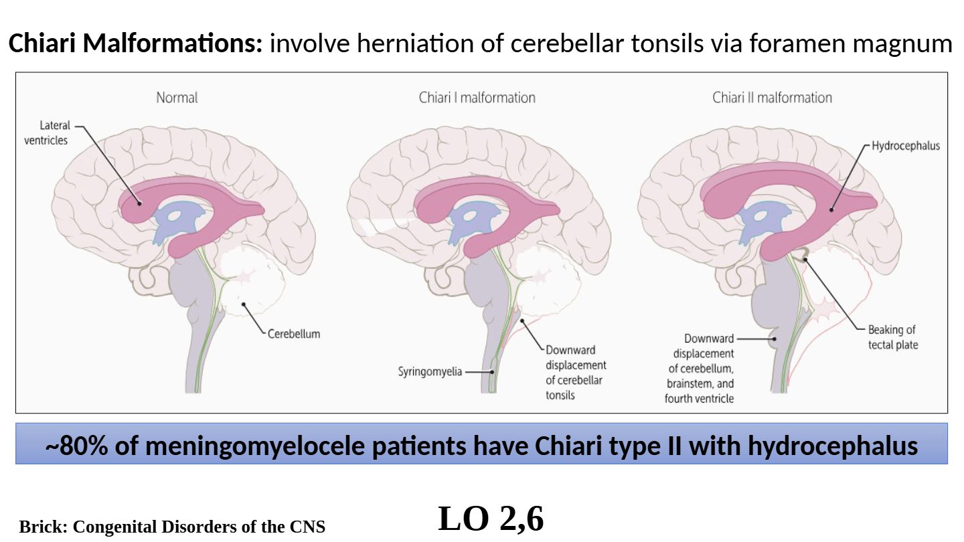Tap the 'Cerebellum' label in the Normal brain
294,334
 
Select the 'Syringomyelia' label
430,371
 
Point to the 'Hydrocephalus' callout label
905,146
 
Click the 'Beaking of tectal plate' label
892,337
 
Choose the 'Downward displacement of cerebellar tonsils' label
575,372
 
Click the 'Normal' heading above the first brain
177,98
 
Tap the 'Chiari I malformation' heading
477,98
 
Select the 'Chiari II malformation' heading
772,98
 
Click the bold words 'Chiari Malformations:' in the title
136,44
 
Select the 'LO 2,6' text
491,519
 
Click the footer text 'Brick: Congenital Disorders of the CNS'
172,527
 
